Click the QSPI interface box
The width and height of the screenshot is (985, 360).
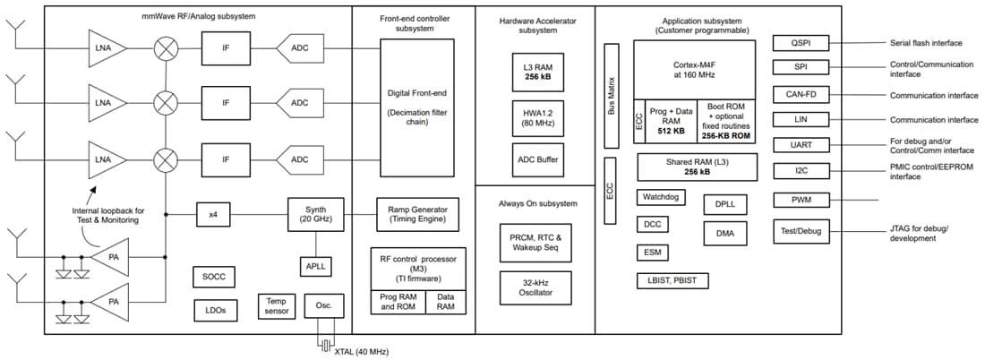tap(801, 42)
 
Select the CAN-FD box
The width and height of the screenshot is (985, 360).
tap(801, 93)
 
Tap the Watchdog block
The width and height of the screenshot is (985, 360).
tap(661, 197)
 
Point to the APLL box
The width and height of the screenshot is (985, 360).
tap(314, 266)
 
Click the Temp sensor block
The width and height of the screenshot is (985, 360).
tap(274, 306)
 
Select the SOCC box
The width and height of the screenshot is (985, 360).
tap(215, 277)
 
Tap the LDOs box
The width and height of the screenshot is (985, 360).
tap(215, 309)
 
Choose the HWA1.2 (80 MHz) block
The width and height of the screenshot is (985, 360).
tap(534, 116)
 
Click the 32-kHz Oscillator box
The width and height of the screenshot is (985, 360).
tap(534, 287)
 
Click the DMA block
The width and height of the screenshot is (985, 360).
tap(725, 233)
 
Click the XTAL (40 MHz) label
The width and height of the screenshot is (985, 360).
tap(362, 351)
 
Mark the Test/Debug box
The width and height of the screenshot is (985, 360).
tap(801, 231)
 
